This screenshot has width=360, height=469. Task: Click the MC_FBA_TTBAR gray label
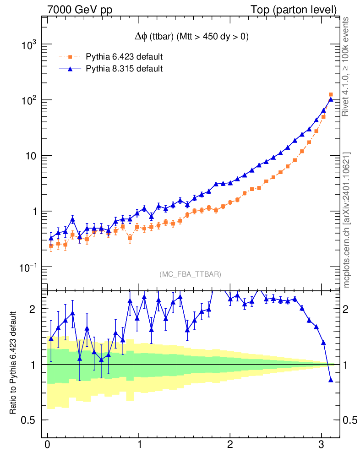pyautogui.click(x=190, y=274)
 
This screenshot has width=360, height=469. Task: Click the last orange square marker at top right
pyautogui.click(x=331, y=95)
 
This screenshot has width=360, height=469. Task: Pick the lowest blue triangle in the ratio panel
pyautogui.click(x=331, y=380)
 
